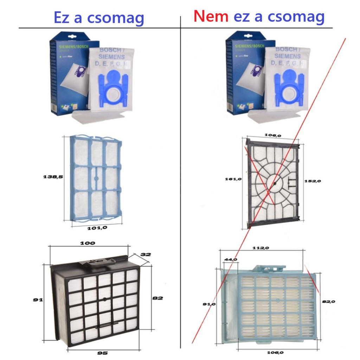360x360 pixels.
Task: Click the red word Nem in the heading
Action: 211,17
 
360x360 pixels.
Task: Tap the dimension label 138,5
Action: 53,177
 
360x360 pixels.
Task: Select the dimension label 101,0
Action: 97,228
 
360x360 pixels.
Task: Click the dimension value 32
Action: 146,254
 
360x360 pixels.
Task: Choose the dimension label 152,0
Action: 313,181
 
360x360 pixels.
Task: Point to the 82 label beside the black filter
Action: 158,298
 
